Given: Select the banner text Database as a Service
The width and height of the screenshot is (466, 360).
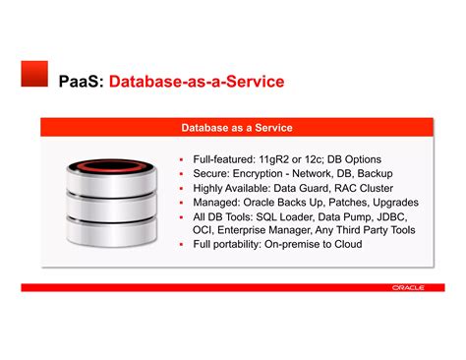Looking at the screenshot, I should [237, 128].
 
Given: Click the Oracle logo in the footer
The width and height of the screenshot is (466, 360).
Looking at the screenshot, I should [407, 288].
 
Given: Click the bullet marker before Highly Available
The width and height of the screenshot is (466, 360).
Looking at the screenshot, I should [183, 188].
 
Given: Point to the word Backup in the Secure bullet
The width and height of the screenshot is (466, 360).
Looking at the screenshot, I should [373, 173].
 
